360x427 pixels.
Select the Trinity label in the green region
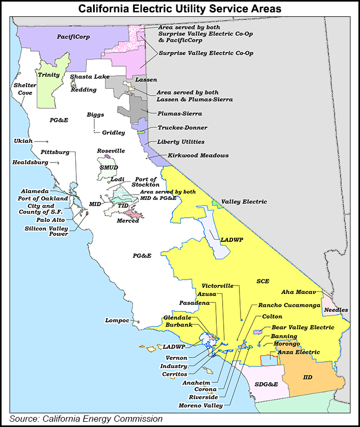(49, 75)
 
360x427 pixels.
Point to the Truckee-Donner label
(182, 128)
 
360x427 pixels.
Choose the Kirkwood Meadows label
(198, 156)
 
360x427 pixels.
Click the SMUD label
(109, 167)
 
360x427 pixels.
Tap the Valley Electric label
(244, 201)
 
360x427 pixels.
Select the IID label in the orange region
(308, 377)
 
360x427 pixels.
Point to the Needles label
(336, 310)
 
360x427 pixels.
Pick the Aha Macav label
(298, 292)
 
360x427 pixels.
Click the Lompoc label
(117, 320)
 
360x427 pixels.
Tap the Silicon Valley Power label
(46, 231)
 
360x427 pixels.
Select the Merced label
(128, 220)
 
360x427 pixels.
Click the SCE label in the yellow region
(263, 281)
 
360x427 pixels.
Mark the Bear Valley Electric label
(302, 327)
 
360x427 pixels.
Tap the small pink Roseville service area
(107, 156)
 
